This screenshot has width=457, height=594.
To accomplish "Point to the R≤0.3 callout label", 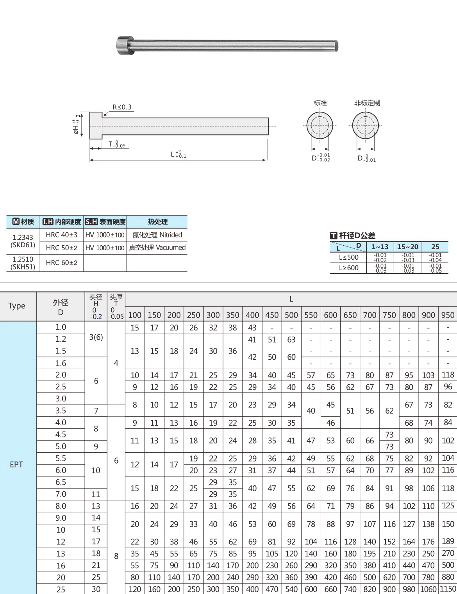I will (x=122, y=107).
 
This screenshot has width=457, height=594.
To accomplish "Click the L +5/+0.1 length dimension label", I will (x=178, y=154).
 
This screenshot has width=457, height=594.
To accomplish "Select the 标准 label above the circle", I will (x=320, y=103).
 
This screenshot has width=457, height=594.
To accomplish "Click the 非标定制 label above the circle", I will (x=367, y=103).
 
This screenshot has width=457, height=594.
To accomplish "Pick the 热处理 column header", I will (x=157, y=222).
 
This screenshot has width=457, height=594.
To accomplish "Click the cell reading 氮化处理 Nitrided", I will (x=157, y=235).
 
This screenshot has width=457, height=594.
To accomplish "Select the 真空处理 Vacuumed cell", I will (x=157, y=248).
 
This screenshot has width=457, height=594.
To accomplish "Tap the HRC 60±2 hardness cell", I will (x=62, y=263).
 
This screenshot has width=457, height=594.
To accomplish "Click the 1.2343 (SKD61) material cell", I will (x=23, y=241).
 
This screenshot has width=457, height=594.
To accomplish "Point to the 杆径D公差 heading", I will (x=353, y=235).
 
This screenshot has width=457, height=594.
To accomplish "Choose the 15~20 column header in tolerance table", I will (x=407, y=247).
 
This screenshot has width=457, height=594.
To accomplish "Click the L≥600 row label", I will (x=348, y=268).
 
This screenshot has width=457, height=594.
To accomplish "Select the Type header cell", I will (x=17, y=306).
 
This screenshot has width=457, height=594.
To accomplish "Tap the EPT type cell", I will (x=16, y=464).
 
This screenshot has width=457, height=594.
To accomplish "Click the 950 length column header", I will (x=448, y=315).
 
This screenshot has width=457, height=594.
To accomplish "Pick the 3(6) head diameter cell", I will (x=96, y=337).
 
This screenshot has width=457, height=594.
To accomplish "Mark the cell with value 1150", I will (x=448, y=589).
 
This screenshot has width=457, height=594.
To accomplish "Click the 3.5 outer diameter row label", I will (x=61, y=410).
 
